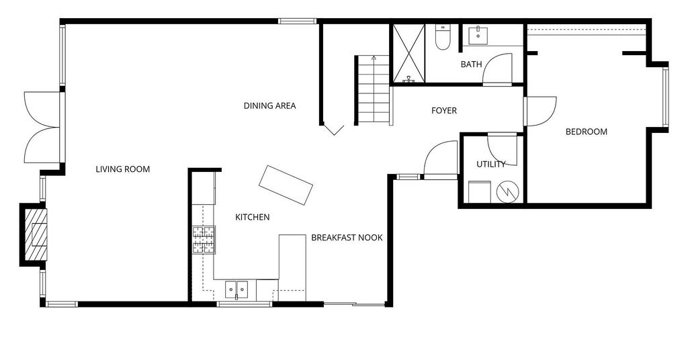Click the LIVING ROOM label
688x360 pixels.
pyautogui.click(x=123, y=169)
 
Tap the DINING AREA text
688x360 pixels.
pyautogui.click(x=270, y=105)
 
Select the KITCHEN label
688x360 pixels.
pyautogui.click(x=253, y=217)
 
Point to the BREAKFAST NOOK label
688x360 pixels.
pyautogui.click(x=347, y=238)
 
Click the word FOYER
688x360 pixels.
pyautogui.click(x=444, y=111)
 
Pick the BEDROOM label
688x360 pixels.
pyautogui.click(x=586, y=132)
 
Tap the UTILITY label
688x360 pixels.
pyautogui.click(x=491, y=165)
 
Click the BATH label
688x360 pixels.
pyautogui.click(x=471, y=64)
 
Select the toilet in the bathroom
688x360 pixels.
pyautogui.click(x=442, y=36)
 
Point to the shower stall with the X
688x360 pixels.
pyautogui.click(x=409, y=53)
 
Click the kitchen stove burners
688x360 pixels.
pyautogui.click(x=204, y=239)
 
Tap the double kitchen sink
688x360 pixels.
pyautogui.click(x=236, y=290)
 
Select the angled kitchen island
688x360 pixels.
pyautogui.click(x=286, y=185)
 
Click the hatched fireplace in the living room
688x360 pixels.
pyautogui.click(x=35, y=234)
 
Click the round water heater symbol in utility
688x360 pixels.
pyautogui.click(x=508, y=191)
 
